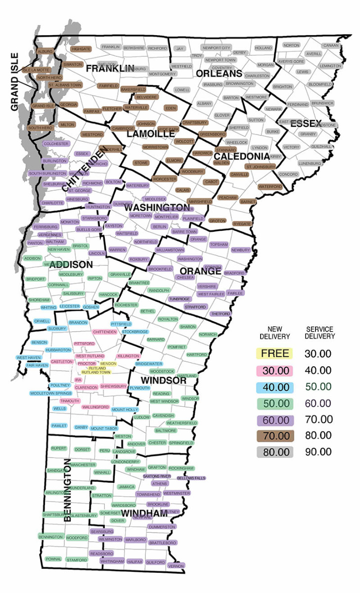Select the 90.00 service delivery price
point(318,451)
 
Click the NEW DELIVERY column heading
point(274,333)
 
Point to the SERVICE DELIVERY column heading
point(319,333)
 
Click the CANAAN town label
point(330,45)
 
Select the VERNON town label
point(176,566)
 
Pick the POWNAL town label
point(53,559)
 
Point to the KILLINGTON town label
point(129,356)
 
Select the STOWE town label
point(141,163)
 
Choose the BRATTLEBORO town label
point(163,543)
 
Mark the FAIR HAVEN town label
point(37,365)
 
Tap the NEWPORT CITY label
point(216,48)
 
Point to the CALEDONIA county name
point(242,156)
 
